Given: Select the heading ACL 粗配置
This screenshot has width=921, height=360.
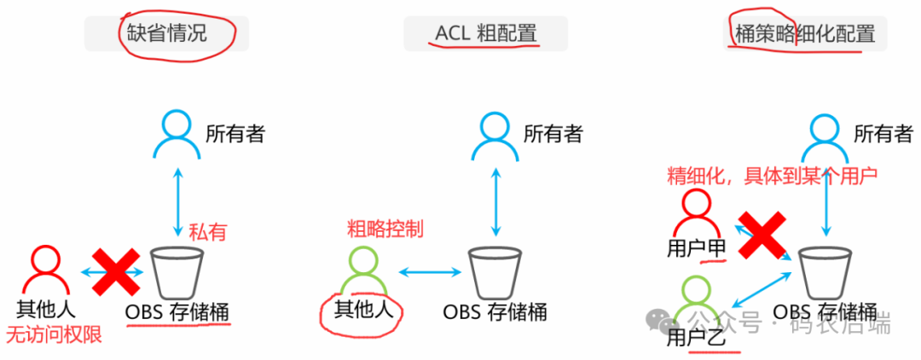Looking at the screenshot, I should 485,34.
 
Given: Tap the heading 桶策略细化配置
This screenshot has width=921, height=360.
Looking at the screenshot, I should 805,34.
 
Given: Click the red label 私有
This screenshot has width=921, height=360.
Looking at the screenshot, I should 209,231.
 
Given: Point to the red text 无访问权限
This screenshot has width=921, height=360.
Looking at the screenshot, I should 54,334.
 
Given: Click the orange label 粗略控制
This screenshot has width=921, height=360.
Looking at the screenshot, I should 385,229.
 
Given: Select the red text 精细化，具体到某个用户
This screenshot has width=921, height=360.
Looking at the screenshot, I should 772,176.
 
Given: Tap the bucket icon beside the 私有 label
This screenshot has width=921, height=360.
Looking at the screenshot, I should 176,272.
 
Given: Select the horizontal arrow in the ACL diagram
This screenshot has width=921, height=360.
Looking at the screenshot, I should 428,272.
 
